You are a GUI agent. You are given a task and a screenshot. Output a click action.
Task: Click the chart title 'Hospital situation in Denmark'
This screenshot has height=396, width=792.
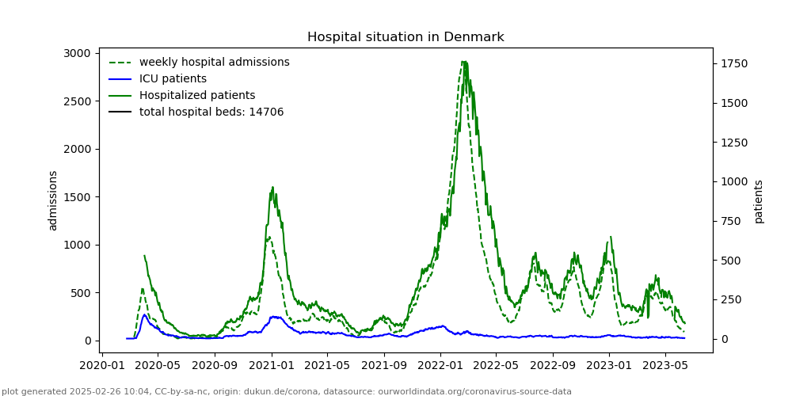(x=406, y=37)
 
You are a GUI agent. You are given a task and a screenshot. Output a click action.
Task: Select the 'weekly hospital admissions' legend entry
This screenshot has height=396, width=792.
(x=214, y=62)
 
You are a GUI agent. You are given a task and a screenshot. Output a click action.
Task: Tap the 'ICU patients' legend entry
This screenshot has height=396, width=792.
(x=173, y=78)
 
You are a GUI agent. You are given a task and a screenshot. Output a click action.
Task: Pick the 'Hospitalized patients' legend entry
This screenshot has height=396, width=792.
(x=197, y=95)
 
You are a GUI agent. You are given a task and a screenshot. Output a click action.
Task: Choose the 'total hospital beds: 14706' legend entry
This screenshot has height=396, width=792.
(x=211, y=112)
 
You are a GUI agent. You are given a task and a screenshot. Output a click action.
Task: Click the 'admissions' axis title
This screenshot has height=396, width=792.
(x=53, y=200)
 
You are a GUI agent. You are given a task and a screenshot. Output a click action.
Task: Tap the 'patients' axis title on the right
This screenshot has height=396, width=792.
(x=759, y=200)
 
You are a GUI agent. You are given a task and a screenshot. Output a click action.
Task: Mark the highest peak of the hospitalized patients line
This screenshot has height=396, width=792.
(x=464, y=62)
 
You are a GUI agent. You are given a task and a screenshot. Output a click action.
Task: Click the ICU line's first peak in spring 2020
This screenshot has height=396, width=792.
(x=145, y=314)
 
